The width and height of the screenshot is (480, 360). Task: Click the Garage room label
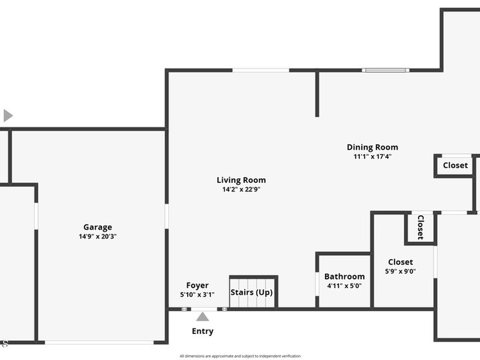point(97,227)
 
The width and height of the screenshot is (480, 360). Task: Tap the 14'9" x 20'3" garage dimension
point(97,237)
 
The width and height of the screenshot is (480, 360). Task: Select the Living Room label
point(241,180)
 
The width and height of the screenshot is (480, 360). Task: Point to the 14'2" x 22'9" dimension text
point(241,189)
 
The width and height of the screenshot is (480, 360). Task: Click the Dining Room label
point(372,147)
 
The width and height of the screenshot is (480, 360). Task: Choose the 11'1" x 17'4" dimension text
point(372,157)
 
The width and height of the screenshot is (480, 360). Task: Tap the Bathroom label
point(344,277)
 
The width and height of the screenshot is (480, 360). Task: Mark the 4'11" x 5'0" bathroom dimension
point(344,285)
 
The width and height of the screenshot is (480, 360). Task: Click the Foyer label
point(197,285)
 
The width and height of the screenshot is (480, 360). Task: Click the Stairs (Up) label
point(252,292)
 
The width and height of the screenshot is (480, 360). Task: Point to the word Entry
point(202,331)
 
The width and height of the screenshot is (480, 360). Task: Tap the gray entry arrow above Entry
point(202,317)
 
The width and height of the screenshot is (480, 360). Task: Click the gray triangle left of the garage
point(7,115)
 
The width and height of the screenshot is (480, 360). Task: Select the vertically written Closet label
point(420,227)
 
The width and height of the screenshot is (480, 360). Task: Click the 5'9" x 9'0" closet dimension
point(400,271)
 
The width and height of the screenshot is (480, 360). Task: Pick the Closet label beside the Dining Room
point(455,165)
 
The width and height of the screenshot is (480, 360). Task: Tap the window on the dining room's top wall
point(385,70)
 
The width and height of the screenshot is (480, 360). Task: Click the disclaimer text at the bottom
point(240,356)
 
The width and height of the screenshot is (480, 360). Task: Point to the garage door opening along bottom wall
point(99,342)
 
